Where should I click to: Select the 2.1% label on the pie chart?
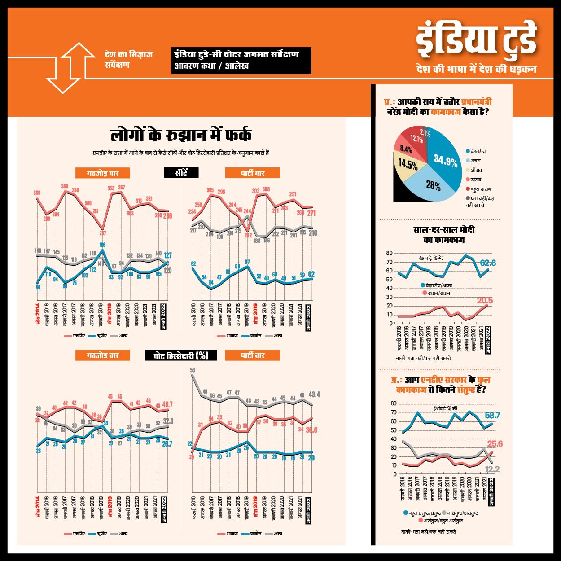[x=425, y=133]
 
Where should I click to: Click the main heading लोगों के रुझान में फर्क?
[x=181, y=136]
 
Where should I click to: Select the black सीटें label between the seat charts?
[x=181, y=173]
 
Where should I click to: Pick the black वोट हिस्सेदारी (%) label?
[x=181, y=355]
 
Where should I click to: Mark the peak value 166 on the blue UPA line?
[x=102, y=245]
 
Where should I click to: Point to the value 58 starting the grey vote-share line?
[x=192, y=370]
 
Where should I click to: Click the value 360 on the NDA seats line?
[x=65, y=186]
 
